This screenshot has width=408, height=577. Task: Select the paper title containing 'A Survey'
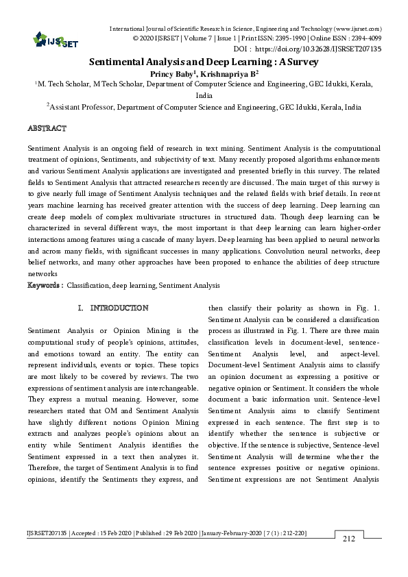pos(204,62)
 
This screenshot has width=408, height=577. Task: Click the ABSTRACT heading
pos(47,128)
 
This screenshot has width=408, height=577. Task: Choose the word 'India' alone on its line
pos(204,95)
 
